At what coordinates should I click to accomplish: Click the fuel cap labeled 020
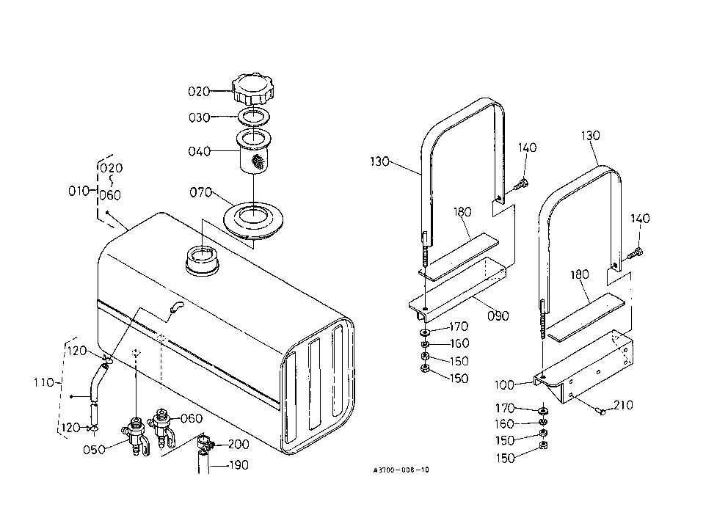253,89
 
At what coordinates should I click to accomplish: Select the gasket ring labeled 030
254,116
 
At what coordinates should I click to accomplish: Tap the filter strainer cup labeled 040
253,151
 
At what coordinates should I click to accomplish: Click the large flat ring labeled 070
253,222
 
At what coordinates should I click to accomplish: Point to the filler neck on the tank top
203,261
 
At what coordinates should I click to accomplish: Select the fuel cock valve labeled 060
161,426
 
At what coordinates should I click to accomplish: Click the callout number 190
239,465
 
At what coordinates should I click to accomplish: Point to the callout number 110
43,383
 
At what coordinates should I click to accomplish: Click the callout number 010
79,191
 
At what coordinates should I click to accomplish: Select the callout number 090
498,316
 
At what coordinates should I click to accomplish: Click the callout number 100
505,384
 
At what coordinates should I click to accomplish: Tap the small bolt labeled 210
601,411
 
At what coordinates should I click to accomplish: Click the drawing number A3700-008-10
401,470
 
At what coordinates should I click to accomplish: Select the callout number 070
200,192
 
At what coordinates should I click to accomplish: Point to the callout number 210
623,405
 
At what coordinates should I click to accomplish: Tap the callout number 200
239,444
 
